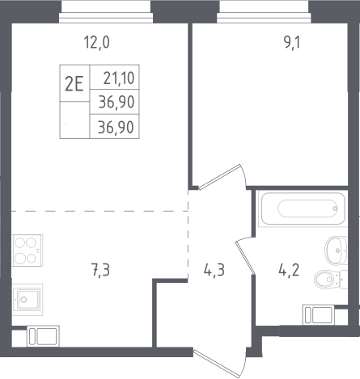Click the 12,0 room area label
coord(96,43)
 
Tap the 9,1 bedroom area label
coord(292,43)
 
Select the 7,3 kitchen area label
coord(100,270)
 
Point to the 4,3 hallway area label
coord(214,270)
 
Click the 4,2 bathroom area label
coord(289,270)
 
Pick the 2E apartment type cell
coord(74,83)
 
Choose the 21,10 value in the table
coord(119,78)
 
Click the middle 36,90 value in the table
coord(116,103)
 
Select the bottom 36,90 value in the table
coord(116,127)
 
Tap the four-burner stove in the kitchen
coord(28,251)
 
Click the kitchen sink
coord(28,299)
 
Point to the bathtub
coord(303,208)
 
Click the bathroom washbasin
coord(336,251)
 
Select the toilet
coord(331,279)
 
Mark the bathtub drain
coord(335,208)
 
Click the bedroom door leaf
coord(219,177)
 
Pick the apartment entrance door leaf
coord(217,363)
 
